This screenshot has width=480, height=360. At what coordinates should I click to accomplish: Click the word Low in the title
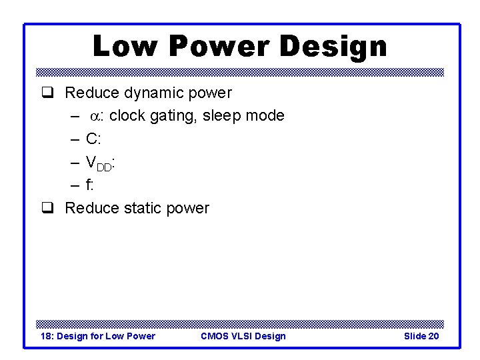click(125, 47)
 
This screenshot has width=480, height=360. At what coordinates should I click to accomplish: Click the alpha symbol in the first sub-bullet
click(95, 116)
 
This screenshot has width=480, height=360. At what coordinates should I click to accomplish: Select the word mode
click(265, 116)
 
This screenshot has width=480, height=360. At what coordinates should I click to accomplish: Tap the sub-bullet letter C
click(91, 139)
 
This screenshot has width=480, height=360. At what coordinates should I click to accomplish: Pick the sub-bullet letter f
click(89, 185)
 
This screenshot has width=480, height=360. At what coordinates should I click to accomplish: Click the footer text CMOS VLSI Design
click(243, 336)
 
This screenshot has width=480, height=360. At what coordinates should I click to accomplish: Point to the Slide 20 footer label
click(421, 336)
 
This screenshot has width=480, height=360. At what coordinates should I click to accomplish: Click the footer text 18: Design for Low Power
click(98, 336)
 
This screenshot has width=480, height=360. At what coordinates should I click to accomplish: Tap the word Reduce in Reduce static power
click(92, 209)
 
